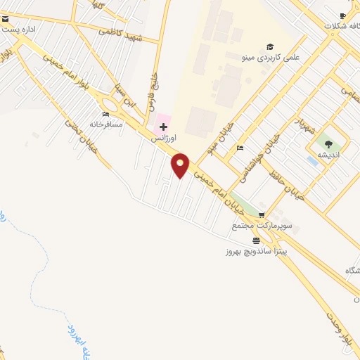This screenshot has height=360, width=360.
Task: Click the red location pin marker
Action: [x=181, y=165]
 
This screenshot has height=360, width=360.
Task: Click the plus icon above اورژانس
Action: [x=164, y=127]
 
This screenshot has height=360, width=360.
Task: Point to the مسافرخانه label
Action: [x=105, y=124]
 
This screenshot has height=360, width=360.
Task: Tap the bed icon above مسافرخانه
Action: [x=105, y=114]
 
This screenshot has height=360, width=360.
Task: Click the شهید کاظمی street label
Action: [x=122, y=34]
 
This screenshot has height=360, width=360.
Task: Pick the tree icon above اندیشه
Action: [x=328, y=144]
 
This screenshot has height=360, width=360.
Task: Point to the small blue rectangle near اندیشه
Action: [x=311, y=160]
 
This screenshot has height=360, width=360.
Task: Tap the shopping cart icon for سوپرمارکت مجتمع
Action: [x=262, y=216]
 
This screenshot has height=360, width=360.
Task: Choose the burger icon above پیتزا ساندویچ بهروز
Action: [x=255, y=240]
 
